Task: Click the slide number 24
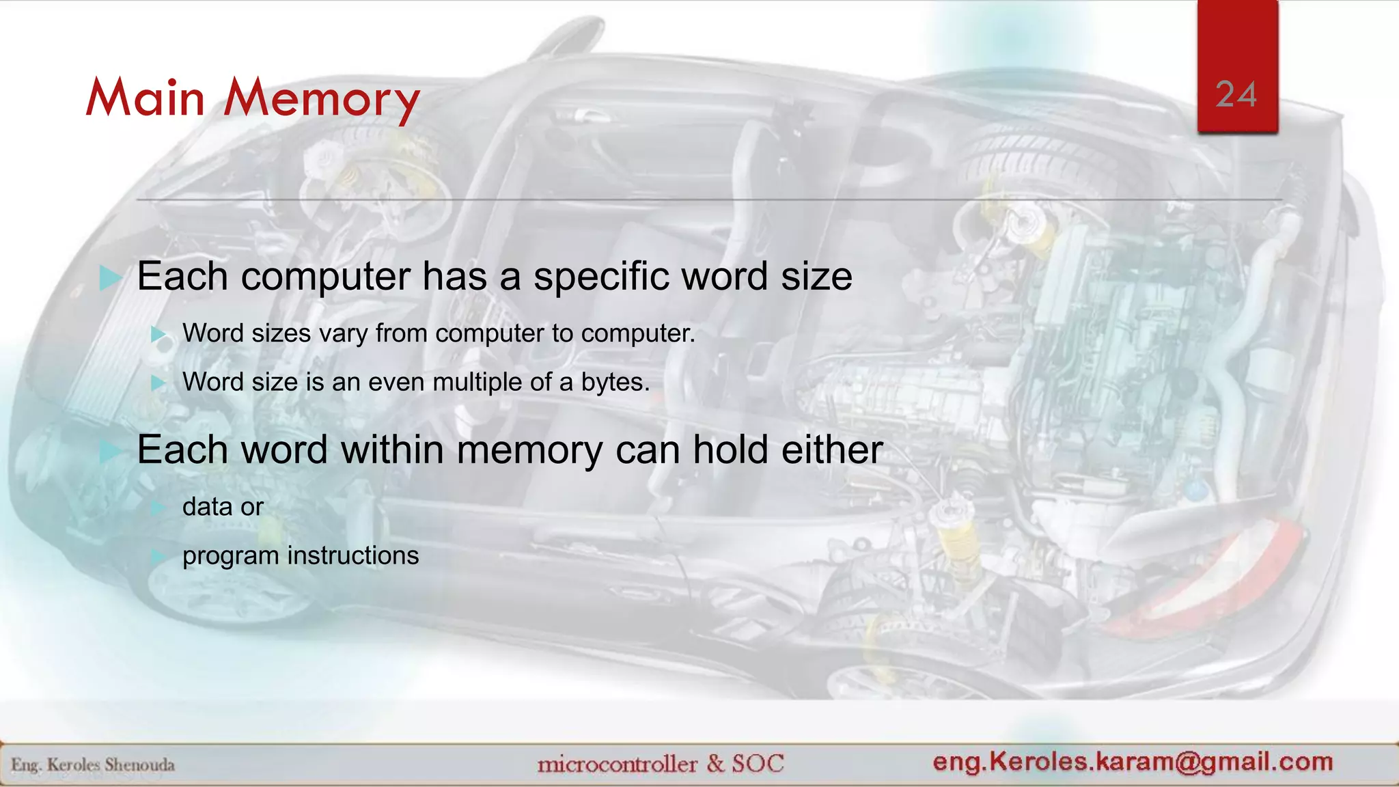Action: [1236, 94]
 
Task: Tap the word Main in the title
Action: [146, 98]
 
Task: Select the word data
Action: [207, 507]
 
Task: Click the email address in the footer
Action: [1133, 762]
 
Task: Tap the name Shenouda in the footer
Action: [139, 765]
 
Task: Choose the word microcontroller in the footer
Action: [617, 764]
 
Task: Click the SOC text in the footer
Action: [758, 763]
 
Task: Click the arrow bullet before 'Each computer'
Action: [109, 278]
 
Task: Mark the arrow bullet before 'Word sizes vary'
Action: [158, 334]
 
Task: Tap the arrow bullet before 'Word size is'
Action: [158, 383]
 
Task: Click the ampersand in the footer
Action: [715, 763]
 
